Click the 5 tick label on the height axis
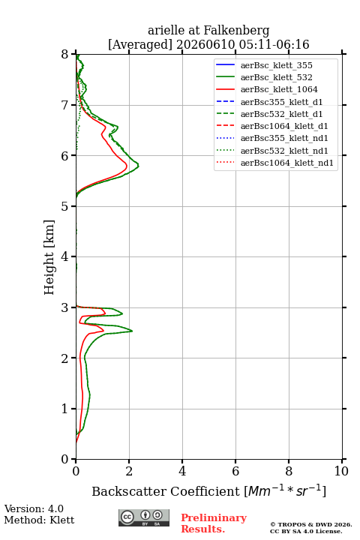coord(64,206)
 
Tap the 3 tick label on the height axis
coord(64,307)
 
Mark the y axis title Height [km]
coord(49,257)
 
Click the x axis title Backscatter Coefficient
coord(165,491)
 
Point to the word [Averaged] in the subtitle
coord(140,44)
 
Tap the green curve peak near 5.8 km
coord(139,166)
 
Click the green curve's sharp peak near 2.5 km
coord(132,331)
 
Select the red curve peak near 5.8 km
coord(127,166)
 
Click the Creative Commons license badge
coord(144,518)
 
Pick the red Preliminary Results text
coord(214,523)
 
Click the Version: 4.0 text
coord(34,508)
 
